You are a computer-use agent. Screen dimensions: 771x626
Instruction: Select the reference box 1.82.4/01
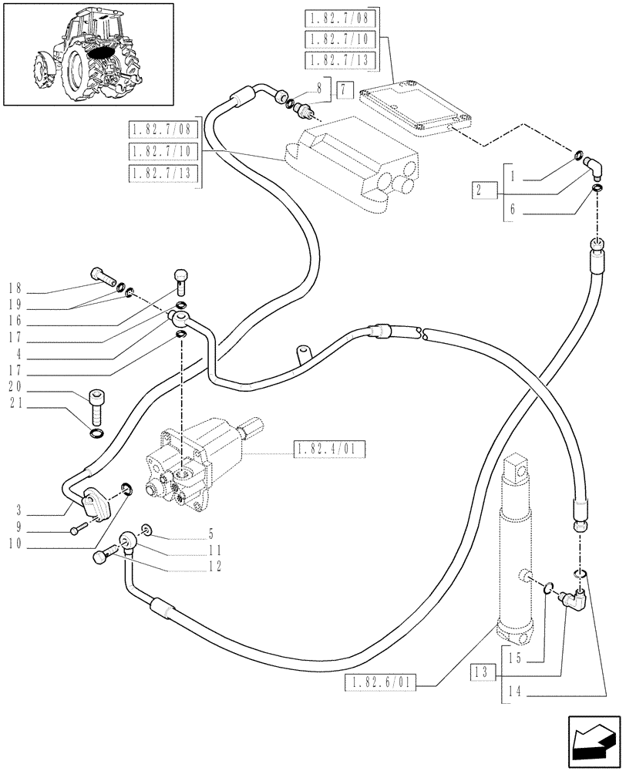tap(329, 449)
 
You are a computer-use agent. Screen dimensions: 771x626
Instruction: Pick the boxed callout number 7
tap(344, 90)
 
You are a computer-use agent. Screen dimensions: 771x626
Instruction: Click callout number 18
tap(14, 289)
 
